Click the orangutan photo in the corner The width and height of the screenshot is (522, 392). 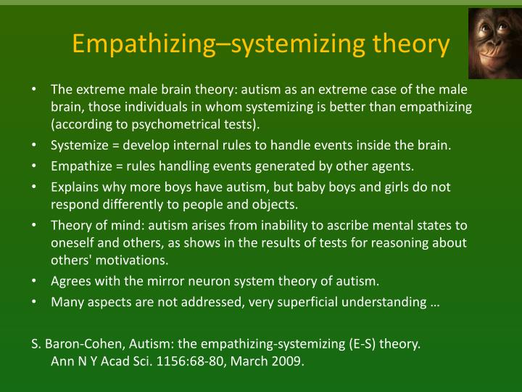click(494, 44)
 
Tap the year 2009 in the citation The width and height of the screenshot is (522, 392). click(289, 361)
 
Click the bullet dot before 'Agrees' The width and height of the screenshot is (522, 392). click(35, 281)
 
